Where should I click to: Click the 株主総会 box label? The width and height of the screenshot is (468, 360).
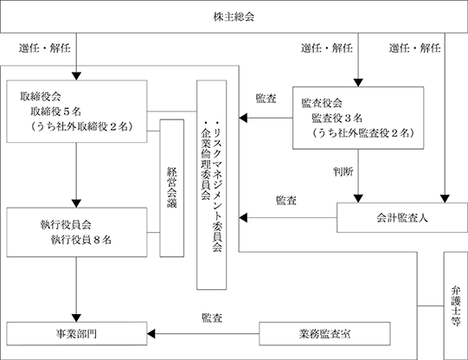tap(234, 16)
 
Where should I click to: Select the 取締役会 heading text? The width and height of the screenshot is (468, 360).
tap(41, 96)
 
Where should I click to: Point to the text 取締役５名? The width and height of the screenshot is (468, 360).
tap(55, 112)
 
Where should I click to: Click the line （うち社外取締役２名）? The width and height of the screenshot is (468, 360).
tap(81, 126)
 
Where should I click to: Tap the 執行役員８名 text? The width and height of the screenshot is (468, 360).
tap(81, 240)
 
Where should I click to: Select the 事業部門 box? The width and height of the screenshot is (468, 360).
tap(77, 333)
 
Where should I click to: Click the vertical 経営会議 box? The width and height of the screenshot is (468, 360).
tap(171, 188)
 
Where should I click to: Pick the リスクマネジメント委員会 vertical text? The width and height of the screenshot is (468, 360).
tap(217, 186)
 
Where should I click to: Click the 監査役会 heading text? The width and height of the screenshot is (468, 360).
tap(322, 103)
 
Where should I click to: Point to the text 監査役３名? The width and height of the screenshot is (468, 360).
tap(337, 119)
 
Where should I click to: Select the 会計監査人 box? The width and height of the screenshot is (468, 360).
tap(402, 217)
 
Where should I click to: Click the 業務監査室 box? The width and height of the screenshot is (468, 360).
tap(324, 333)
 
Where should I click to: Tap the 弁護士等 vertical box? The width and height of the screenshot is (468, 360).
tap(456, 305)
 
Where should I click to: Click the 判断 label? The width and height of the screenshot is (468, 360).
tap(343, 171)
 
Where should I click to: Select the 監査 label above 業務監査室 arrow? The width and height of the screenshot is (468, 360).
tap(212, 318)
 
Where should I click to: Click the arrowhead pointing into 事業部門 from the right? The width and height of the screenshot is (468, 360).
tap(151, 333)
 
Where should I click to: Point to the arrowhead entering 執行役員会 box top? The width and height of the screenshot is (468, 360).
tap(76, 203)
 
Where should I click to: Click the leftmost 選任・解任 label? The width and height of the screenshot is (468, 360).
tap(45, 48)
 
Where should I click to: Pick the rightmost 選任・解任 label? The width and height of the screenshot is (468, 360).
tap(414, 48)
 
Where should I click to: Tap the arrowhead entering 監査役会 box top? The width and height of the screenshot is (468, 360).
tap(358, 83)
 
